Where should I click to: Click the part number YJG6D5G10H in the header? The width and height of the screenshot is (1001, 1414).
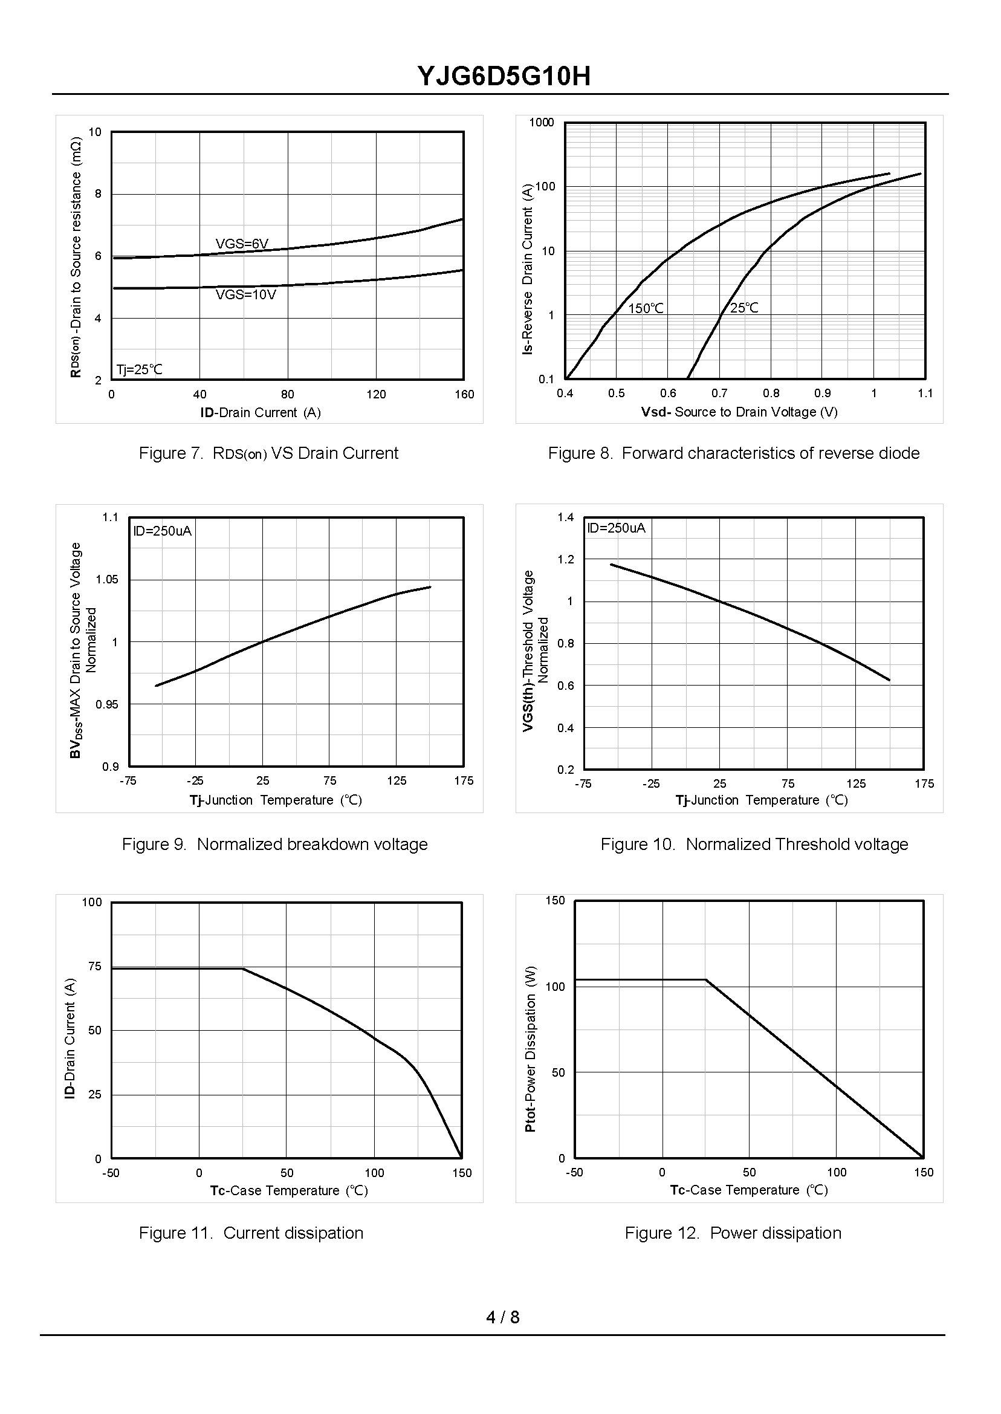tap(504, 76)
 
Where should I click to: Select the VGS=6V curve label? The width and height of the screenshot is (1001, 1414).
tap(242, 244)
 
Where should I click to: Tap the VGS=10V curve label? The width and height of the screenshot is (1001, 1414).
tap(245, 294)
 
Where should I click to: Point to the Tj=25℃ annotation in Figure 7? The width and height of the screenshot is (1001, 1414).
tap(140, 370)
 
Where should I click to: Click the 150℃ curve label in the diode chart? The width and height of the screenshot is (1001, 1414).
tap(646, 308)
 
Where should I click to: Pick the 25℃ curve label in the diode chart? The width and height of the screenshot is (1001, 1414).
tap(744, 308)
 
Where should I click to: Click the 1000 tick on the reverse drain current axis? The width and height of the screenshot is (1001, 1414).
tap(542, 122)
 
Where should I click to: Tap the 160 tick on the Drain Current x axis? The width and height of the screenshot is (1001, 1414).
tap(464, 395)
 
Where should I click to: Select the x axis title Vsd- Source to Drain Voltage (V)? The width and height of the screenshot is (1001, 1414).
tap(739, 412)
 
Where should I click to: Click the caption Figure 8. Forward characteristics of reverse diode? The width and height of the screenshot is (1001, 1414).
tap(733, 453)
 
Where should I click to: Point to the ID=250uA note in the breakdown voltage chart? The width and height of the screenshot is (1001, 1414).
tap(163, 531)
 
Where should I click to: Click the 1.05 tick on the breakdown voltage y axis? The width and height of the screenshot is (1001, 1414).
tap(106, 579)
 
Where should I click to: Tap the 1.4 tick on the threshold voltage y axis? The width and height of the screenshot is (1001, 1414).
tap(565, 517)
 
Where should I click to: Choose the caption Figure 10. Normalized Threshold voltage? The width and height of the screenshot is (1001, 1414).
tap(754, 844)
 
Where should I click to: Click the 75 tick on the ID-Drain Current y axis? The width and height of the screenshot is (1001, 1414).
tap(94, 966)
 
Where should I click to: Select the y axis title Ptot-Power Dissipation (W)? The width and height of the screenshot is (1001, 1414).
tap(530, 1048)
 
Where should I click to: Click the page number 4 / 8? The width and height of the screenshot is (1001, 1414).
tap(502, 1317)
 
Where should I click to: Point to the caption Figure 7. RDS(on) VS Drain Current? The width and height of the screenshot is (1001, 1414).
tap(268, 453)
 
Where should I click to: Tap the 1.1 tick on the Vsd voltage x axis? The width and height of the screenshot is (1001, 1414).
tap(925, 394)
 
